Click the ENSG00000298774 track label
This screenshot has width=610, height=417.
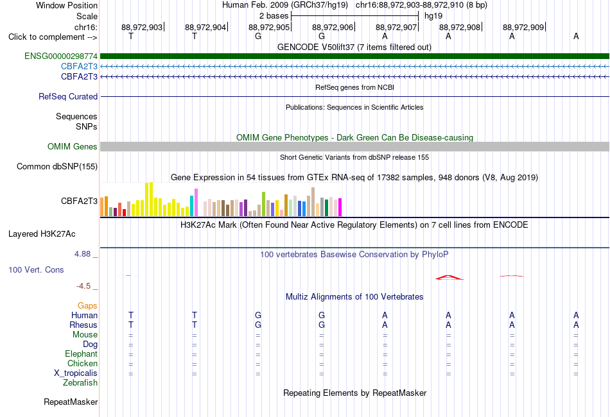(x=61, y=56)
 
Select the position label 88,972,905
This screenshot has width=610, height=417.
(x=269, y=27)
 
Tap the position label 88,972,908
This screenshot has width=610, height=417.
(x=460, y=27)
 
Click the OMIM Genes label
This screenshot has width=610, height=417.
(x=73, y=146)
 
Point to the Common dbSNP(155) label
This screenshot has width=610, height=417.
(x=57, y=166)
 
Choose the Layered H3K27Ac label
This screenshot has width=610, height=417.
(x=42, y=234)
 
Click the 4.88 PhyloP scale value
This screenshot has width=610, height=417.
(x=82, y=254)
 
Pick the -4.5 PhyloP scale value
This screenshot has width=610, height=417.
(x=83, y=286)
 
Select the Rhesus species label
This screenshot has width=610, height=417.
(x=83, y=325)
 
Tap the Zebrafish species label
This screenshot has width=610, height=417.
(x=80, y=383)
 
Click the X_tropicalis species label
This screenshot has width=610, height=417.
(x=76, y=373)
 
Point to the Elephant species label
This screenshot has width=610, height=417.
(x=82, y=353)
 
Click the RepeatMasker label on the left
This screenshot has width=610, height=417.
(x=71, y=402)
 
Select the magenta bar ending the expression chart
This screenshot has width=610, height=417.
(x=340, y=207)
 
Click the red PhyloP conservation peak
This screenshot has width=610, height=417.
(x=449, y=277)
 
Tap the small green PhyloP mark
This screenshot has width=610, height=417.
(x=129, y=275)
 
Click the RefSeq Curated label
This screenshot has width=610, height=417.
(x=68, y=96)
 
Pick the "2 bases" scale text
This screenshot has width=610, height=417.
(x=274, y=16)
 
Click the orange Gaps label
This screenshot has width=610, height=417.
(x=87, y=306)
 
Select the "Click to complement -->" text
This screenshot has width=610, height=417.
(x=53, y=37)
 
